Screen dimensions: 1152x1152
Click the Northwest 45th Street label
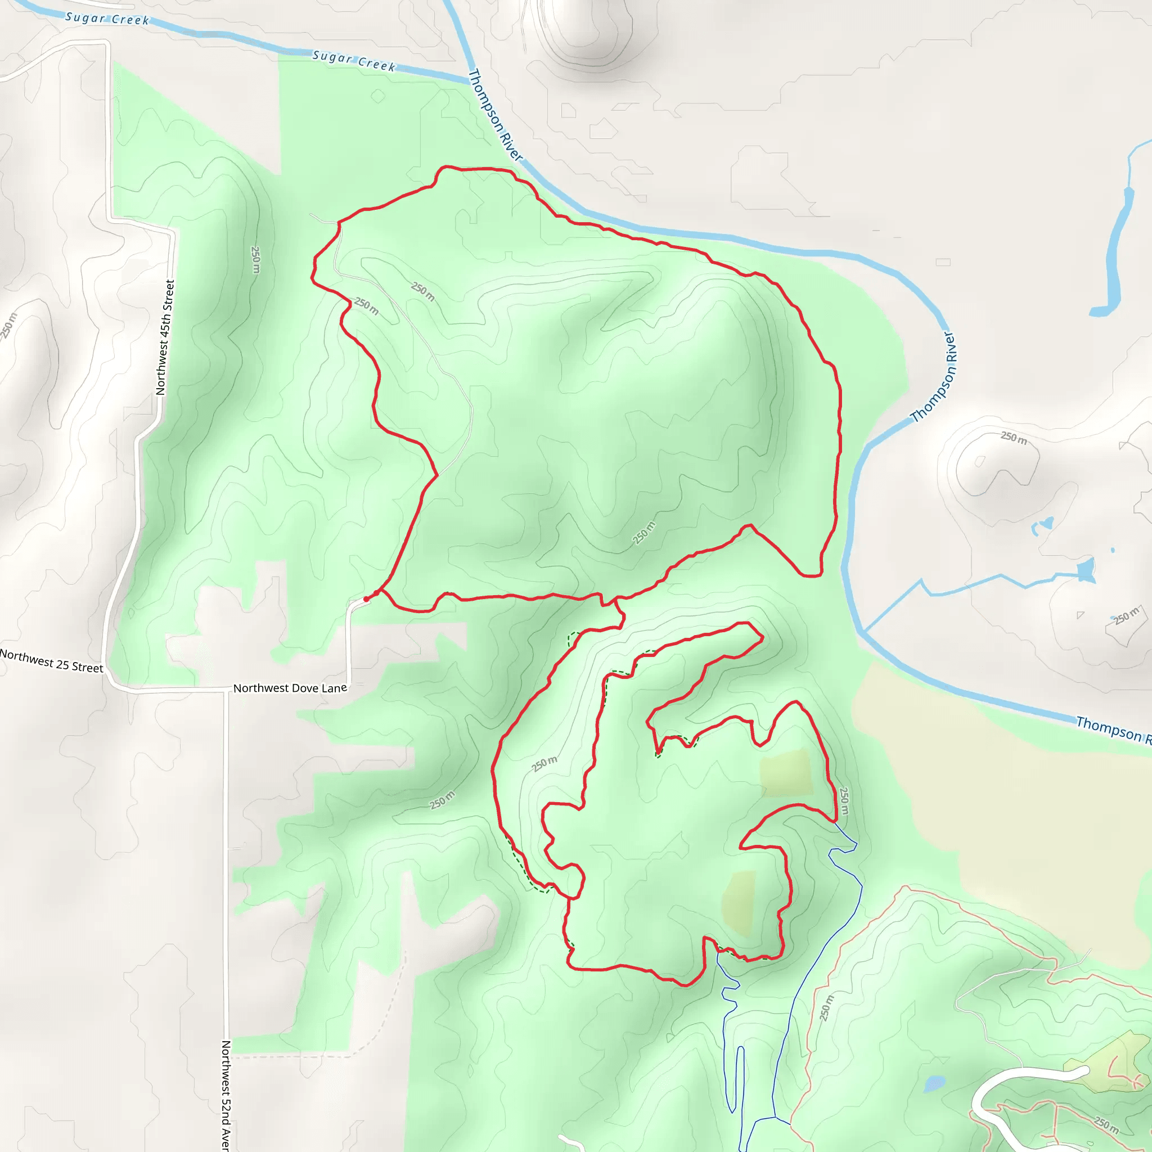point(165,337)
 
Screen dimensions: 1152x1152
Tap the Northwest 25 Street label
point(51,661)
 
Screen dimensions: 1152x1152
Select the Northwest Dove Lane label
point(290,688)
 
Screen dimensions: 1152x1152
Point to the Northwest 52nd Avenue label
point(226,1095)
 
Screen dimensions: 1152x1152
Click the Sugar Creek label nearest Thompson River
point(354,61)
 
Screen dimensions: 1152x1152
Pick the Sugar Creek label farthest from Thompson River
point(107,19)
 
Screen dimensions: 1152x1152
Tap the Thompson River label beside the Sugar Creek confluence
point(495,115)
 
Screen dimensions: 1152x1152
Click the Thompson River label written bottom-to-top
point(934,377)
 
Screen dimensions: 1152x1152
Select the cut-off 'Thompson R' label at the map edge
point(1113,728)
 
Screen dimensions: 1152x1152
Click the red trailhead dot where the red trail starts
point(366,598)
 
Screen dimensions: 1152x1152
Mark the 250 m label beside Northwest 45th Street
point(256,259)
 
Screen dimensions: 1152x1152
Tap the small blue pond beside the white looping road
point(934,1083)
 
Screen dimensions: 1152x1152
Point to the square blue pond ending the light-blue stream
point(1086,570)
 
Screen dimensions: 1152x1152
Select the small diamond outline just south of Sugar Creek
point(378,96)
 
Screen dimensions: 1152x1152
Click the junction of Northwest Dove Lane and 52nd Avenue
point(226,690)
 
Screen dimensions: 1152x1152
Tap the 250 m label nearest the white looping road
point(1105,1124)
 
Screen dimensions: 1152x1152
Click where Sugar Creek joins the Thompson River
point(469,80)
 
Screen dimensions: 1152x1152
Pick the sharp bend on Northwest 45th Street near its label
point(173,231)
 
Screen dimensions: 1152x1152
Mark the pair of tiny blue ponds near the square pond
point(1042,525)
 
